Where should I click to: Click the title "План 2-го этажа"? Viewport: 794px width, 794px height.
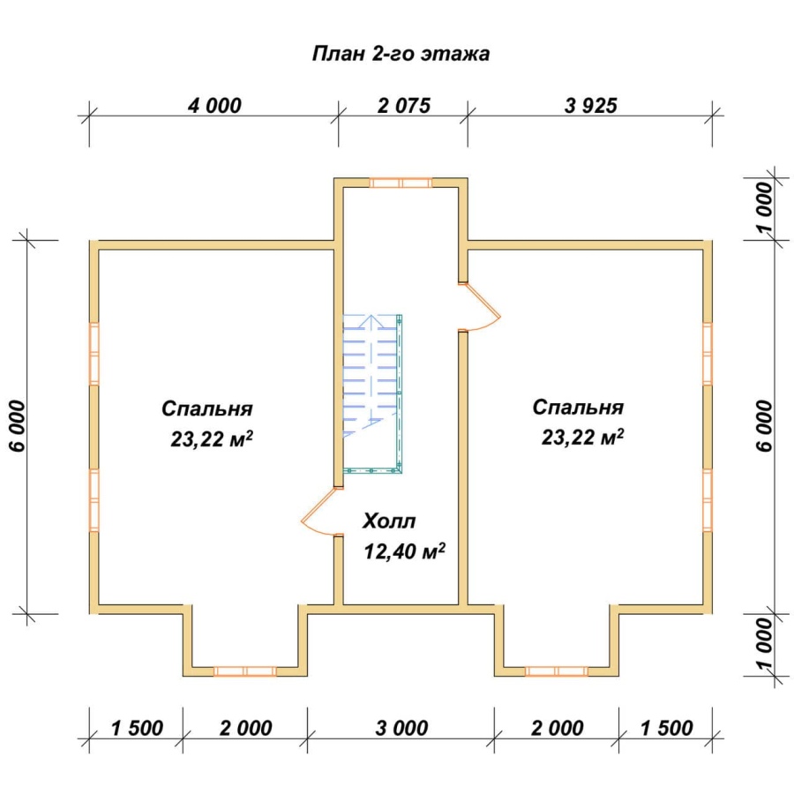pyautogui.click(x=401, y=54)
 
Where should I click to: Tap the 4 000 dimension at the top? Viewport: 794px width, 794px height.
pyautogui.click(x=214, y=105)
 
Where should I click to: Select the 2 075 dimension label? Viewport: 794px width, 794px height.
pyautogui.click(x=403, y=105)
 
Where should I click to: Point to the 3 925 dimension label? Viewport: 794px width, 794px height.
pyautogui.click(x=590, y=105)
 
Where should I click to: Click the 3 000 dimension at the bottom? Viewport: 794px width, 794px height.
pyautogui.click(x=401, y=728)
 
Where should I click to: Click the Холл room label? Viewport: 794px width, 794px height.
pyautogui.click(x=389, y=521)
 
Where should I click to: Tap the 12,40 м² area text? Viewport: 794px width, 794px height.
pyautogui.click(x=405, y=551)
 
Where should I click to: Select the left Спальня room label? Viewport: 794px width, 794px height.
pyautogui.click(x=207, y=408)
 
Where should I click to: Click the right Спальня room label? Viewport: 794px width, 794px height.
pyautogui.click(x=578, y=407)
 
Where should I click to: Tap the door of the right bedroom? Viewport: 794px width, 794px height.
pyautogui.click(x=480, y=307)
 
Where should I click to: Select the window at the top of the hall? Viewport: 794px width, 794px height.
pyautogui.click(x=401, y=183)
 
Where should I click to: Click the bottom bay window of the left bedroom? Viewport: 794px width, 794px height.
pyautogui.click(x=245, y=671)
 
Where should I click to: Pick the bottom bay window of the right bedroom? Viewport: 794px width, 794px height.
pyautogui.click(x=557, y=671)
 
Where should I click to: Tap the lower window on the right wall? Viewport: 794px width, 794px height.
pyautogui.click(x=708, y=500)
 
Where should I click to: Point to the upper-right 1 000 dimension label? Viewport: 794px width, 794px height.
pyautogui.click(x=765, y=206)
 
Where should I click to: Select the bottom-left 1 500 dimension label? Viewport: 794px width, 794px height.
pyautogui.click(x=137, y=728)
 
